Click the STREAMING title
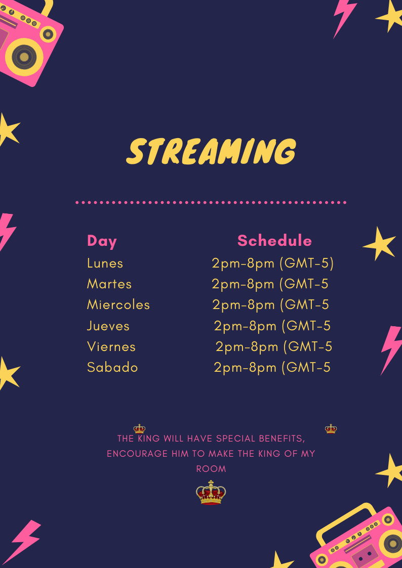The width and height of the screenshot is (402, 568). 211,151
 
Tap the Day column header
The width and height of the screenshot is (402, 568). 102,241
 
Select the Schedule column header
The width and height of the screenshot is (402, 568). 274,241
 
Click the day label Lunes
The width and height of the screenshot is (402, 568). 105,264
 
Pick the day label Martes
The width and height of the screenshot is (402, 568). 109,284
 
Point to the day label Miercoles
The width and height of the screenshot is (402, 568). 118,304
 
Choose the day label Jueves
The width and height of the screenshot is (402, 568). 108,326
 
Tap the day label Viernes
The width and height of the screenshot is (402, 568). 111,346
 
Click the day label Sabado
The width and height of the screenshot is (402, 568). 112,367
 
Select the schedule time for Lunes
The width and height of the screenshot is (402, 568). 272,264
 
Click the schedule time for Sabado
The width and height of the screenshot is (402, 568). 272,368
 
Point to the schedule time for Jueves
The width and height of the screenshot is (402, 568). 272,326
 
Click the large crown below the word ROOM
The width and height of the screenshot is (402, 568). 211,492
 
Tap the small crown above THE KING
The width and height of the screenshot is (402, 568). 139,429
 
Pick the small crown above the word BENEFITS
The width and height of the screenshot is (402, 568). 331,429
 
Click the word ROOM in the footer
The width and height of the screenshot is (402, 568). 211,469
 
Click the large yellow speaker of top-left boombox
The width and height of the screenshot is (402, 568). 24,57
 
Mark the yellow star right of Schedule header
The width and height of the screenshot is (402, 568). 379,244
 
